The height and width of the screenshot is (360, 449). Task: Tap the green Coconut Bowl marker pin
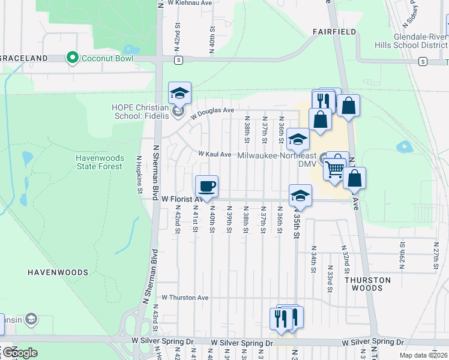[73, 58]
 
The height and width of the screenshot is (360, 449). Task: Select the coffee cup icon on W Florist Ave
[206, 186]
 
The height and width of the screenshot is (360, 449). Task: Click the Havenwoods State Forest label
[100, 162]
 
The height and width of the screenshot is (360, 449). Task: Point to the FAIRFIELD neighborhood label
[334, 31]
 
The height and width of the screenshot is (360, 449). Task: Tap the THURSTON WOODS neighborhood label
[368, 284]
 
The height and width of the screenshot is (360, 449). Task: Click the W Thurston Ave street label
[185, 297]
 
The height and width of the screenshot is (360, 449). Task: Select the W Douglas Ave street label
[212, 111]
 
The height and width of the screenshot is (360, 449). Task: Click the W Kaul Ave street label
[215, 154]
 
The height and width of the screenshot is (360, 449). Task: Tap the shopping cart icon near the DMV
[334, 170]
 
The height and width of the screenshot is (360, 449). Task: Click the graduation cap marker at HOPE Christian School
[179, 93]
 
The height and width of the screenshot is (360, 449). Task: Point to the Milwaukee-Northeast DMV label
[277, 159]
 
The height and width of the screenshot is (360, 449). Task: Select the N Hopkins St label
[139, 175]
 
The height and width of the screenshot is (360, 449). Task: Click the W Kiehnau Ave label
[190, 3]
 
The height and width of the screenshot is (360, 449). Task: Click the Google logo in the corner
[19, 353]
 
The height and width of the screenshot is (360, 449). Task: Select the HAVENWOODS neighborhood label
[58, 272]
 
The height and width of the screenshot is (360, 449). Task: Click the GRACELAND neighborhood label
[24, 58]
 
